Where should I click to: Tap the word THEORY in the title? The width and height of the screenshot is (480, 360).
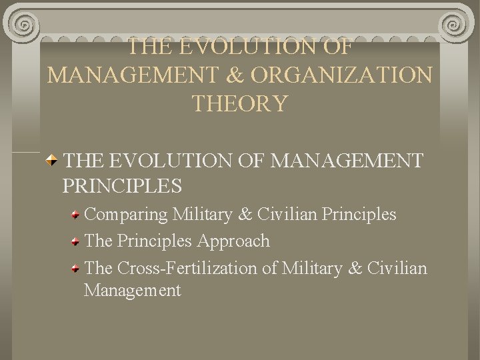click(240, 103)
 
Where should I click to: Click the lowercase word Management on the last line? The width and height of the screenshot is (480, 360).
click(132, 291)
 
